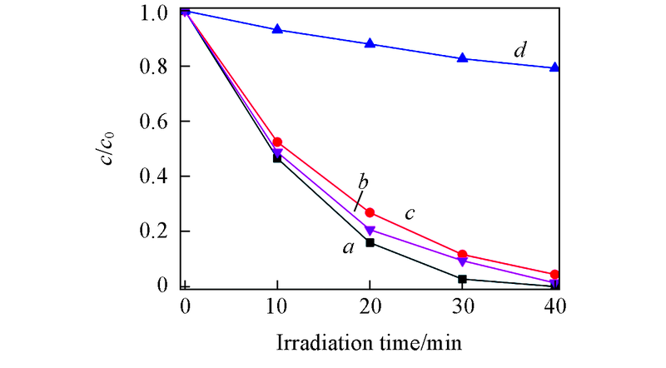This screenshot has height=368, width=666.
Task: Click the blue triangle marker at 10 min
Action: tap(277, 29)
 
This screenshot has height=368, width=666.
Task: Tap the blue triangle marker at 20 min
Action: tap(370, 43)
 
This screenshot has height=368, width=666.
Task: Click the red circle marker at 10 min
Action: tap(277, 142)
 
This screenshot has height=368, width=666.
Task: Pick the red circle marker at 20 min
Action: tap(370, 212)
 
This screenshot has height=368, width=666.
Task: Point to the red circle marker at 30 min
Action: tap(463, 255)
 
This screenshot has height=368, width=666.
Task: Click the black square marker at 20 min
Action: tap(370, 243)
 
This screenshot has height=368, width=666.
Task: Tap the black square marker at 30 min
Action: tap(463, 279)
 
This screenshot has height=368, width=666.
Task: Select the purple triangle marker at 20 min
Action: tap(370, 230)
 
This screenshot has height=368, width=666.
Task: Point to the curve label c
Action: tap(410, 214)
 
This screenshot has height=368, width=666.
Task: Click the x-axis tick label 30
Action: tap(463, 306)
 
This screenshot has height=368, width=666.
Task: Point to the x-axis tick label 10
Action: tap(277, 306)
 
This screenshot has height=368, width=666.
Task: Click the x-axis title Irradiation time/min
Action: tap(370, 341)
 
